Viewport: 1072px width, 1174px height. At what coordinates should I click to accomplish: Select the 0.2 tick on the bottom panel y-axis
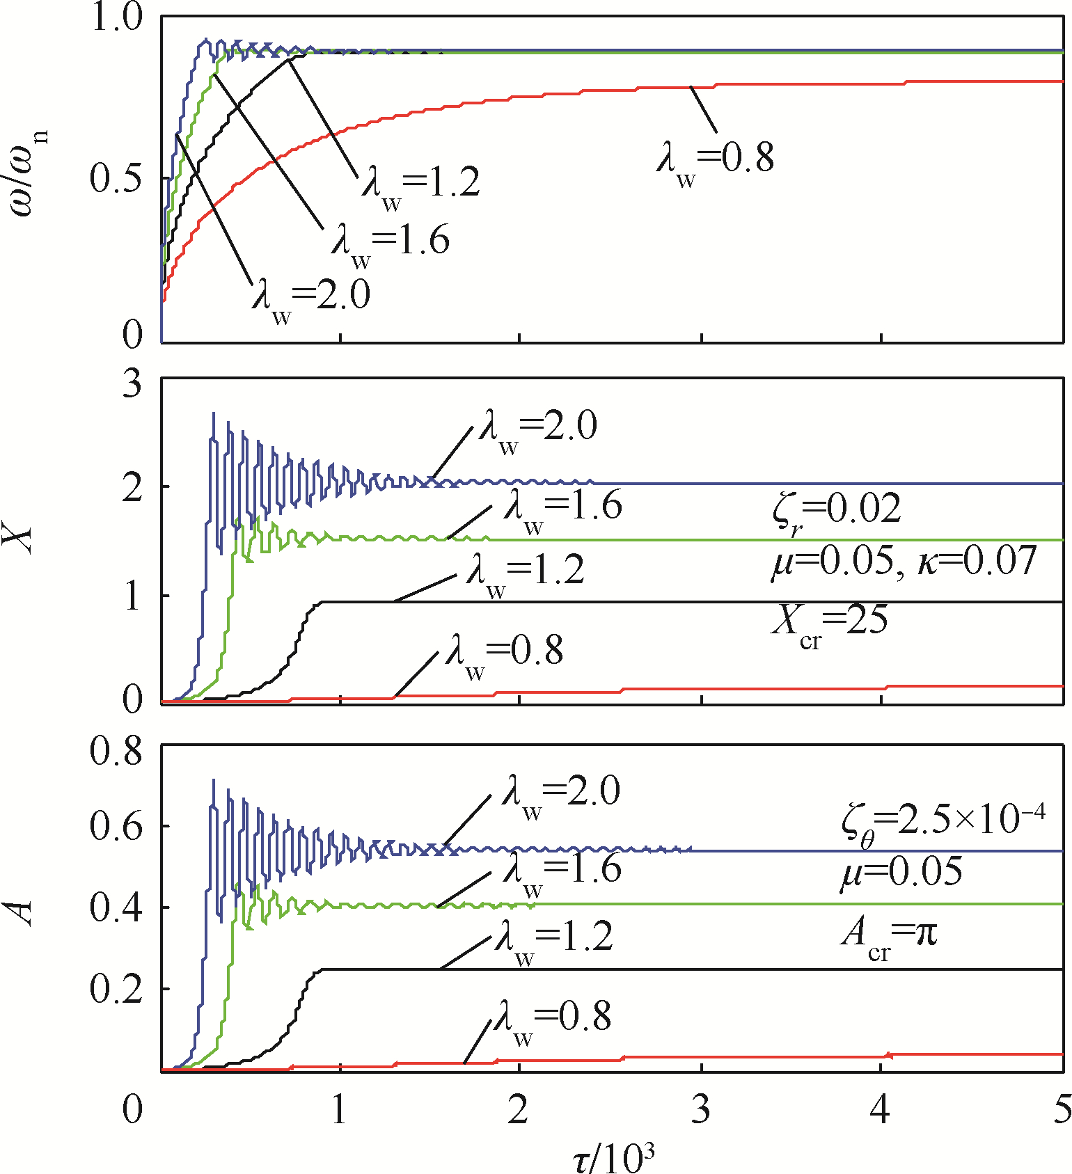tap(116, 990)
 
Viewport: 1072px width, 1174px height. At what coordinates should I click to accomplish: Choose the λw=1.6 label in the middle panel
tap(562, 509)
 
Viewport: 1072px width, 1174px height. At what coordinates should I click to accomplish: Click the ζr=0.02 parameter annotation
tap(836, 511)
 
